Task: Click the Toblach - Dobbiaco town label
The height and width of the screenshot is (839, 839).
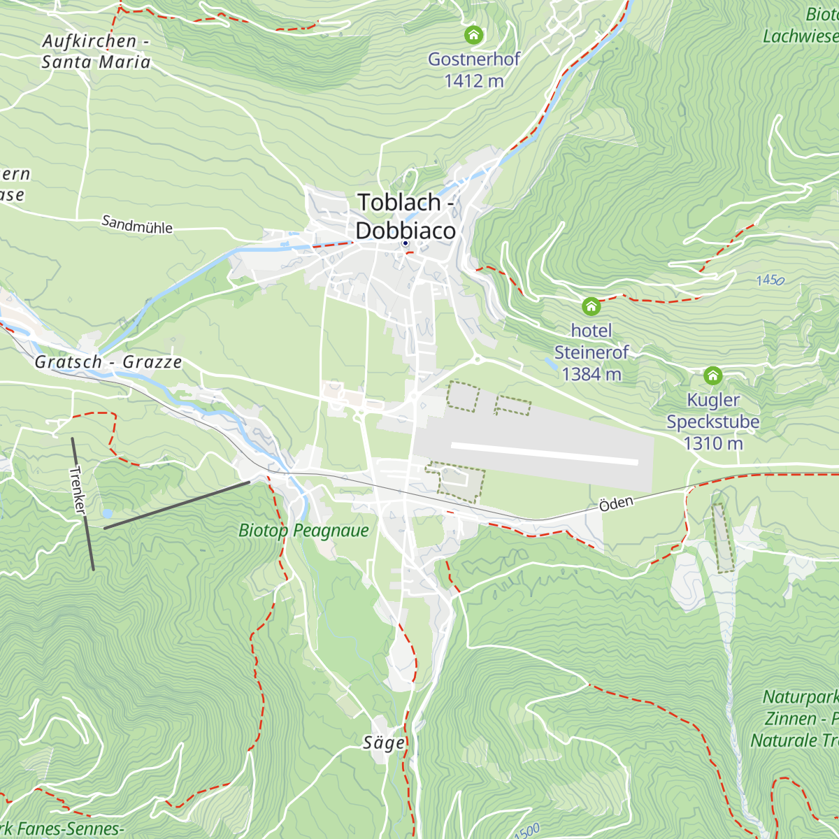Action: (x=406, y=216)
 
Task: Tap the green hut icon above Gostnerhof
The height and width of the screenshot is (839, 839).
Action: (x=473, y=34)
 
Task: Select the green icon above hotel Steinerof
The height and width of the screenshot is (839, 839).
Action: (x=591, y=306)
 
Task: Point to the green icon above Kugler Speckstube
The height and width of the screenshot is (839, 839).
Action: (x=712, y=375)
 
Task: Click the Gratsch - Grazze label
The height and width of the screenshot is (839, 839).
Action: (x=108, y=362)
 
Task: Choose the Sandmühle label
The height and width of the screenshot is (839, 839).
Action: (x=137, y=224)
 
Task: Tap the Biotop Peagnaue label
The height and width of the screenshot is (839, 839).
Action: (x=303, y=530)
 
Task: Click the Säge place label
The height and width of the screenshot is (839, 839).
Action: (x=383, y=743)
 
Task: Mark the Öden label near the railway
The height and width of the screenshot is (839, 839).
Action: (x=616, y=504)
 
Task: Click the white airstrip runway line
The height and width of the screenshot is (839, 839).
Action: (x=545, y=453)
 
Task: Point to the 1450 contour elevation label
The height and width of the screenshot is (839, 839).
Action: (x=770, y=280)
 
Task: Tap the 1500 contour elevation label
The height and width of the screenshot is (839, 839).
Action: (x=527, y=831)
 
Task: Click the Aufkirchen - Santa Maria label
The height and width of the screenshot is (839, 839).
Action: (x=96, y=52)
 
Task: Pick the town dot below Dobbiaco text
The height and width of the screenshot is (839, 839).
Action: (x=405, y=243)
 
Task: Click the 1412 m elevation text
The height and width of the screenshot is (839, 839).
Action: (x=473, y=81)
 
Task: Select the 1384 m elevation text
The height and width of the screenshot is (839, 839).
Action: (x=591, y=374)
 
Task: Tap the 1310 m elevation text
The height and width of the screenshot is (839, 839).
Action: (x=712, y=443)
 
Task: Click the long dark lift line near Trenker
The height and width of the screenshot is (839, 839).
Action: (x=176, y=505)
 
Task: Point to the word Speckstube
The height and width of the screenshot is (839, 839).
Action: (x=712, y=422)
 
